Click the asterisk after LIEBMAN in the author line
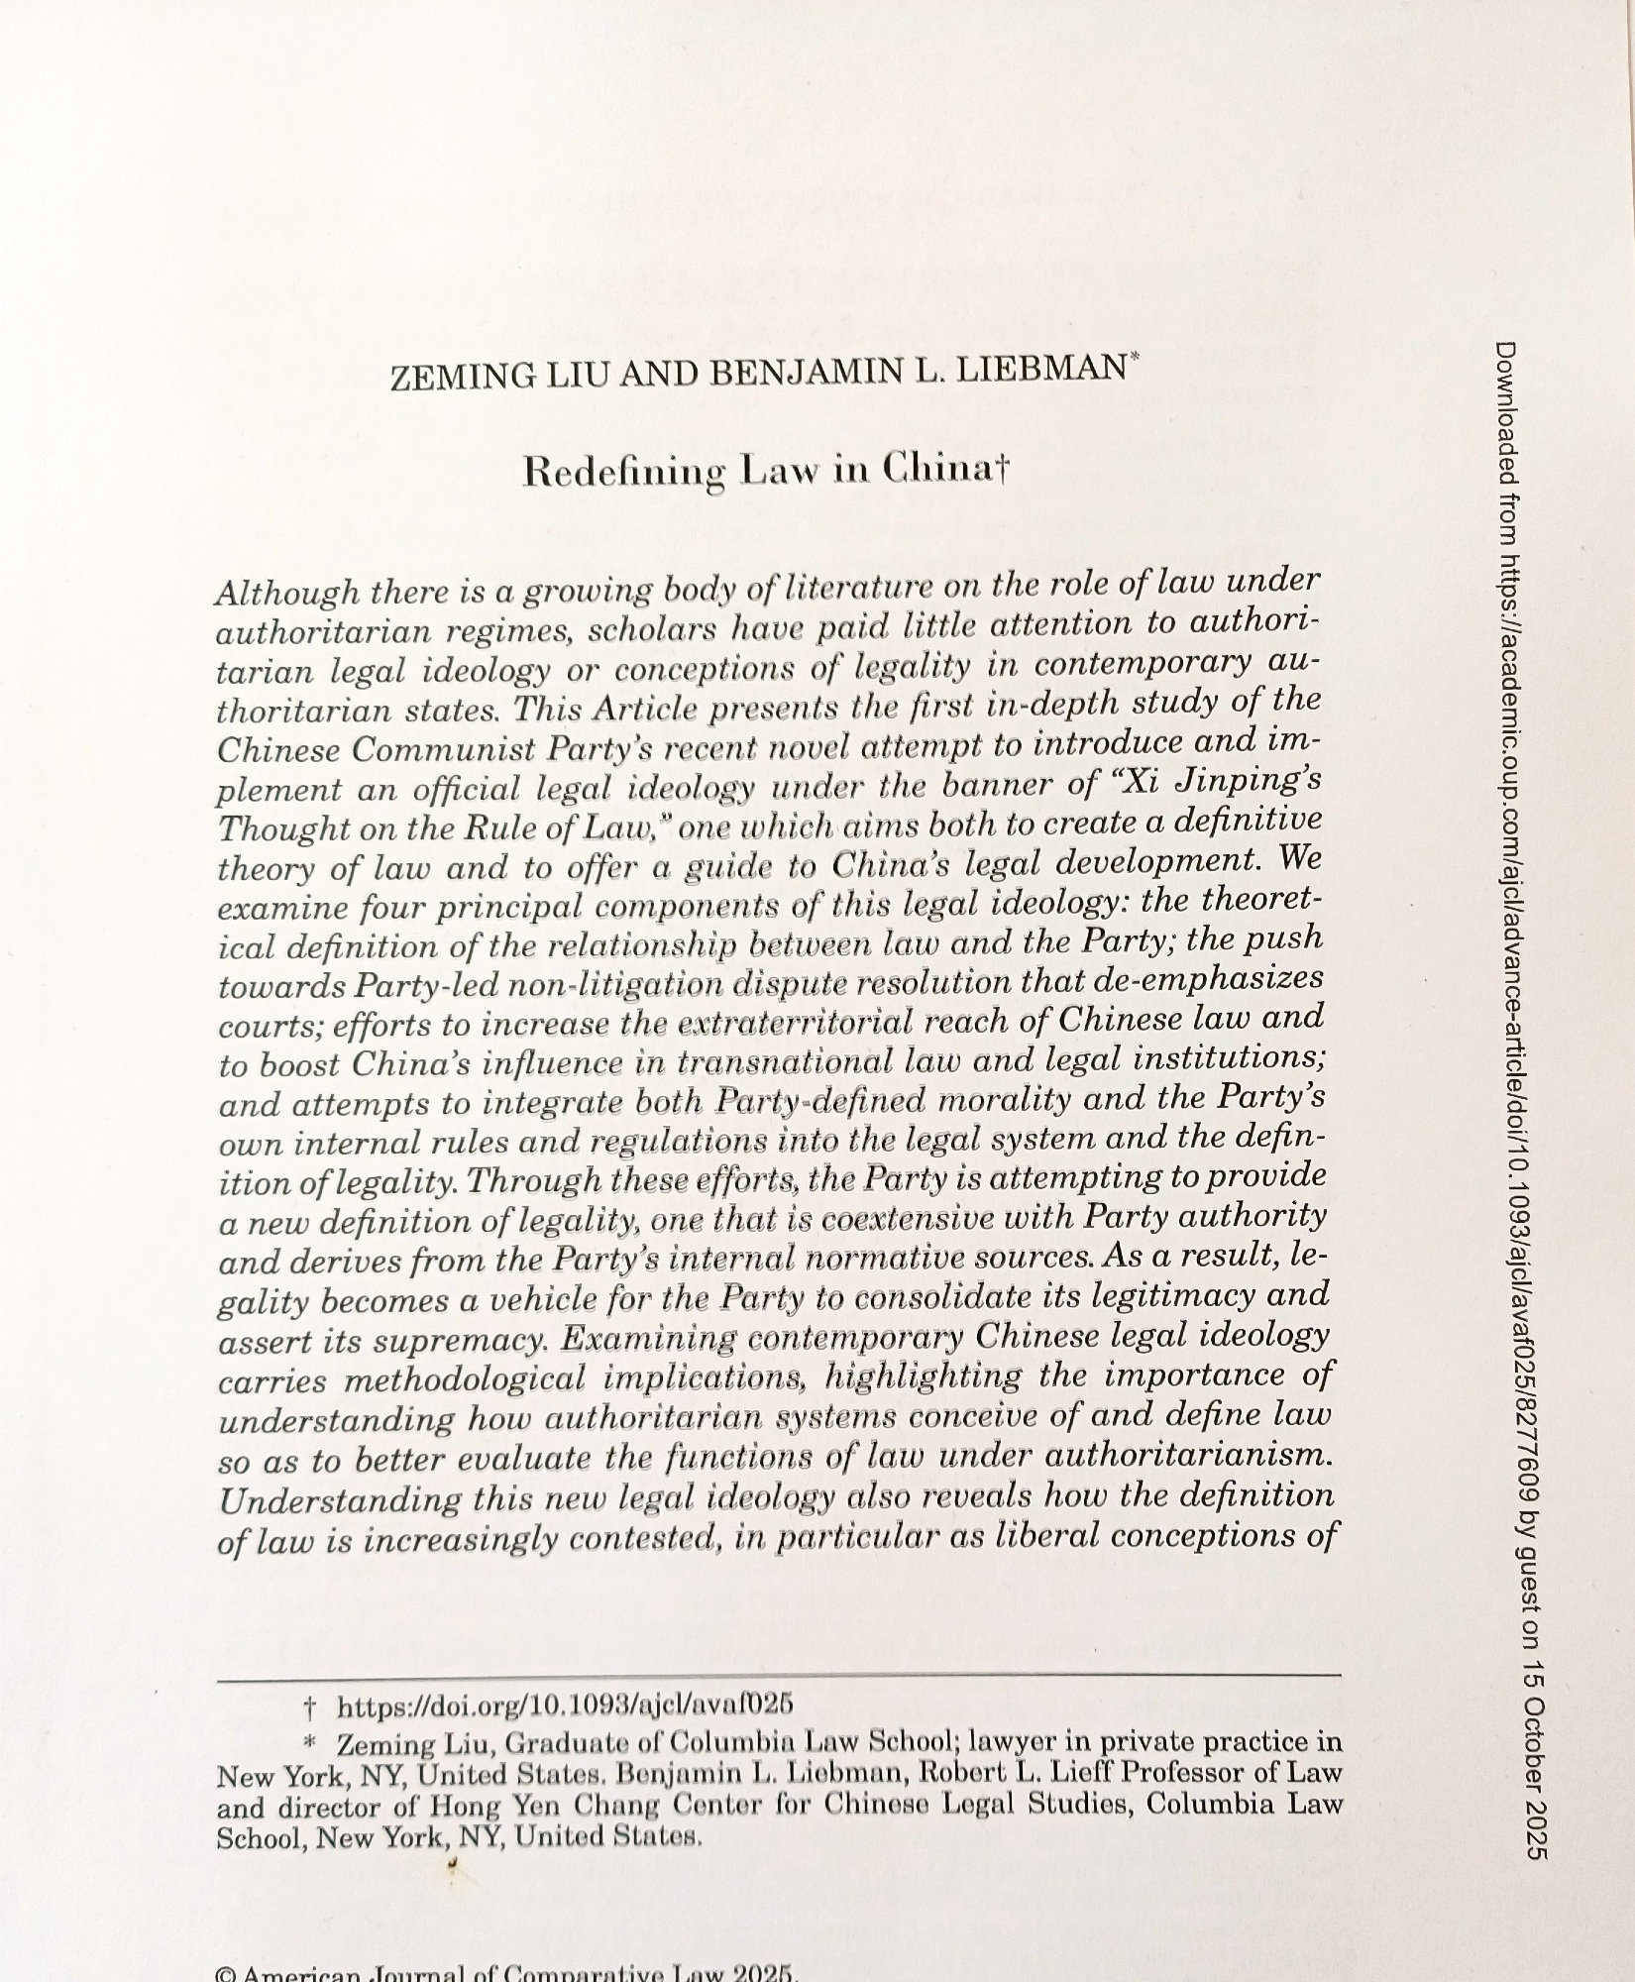click(x=1134, y=363)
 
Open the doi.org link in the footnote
click(x=566, y=1707)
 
